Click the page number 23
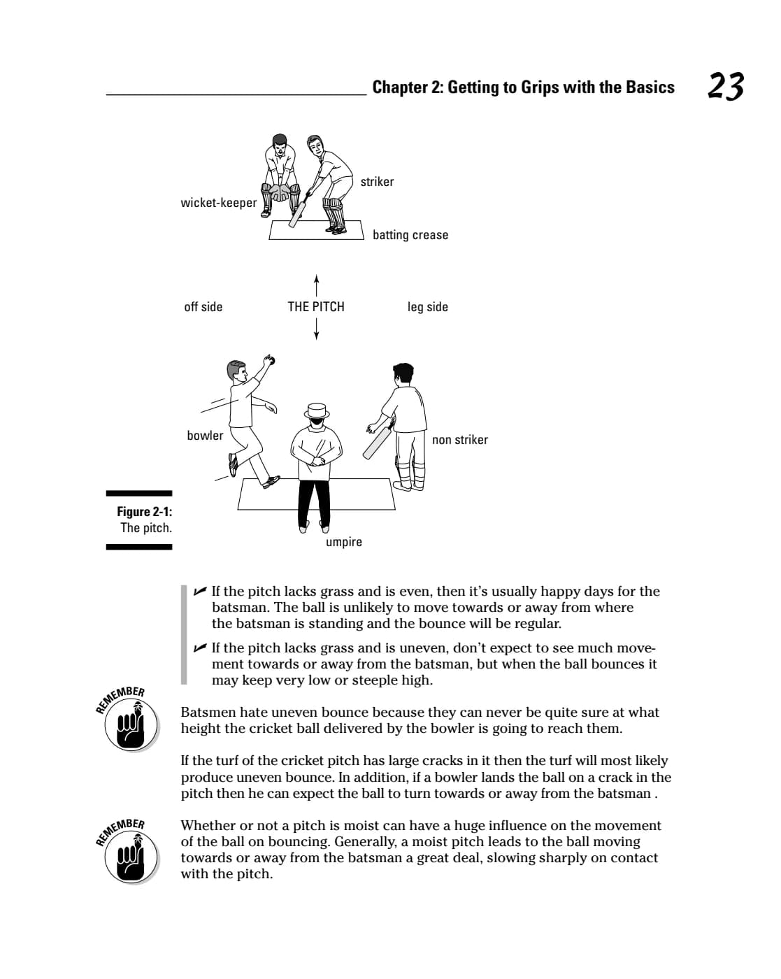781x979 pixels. tap(725, 86)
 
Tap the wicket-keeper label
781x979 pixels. tap(218, 202)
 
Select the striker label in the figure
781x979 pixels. tap(377, 182)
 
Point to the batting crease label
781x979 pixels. tap(410, 235)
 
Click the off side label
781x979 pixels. tap(203, 306)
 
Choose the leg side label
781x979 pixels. tap(428, 306)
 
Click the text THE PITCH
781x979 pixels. tap(315, 306)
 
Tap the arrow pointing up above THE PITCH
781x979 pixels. tap(316, 285)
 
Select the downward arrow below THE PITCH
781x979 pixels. tap(316, 329)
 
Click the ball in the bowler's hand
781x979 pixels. tap(271, 360)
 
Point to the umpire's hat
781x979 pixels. tap(317, 410)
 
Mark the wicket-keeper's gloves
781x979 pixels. tap(278, 192)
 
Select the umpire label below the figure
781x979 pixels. tap(344, 542)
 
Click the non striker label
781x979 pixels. tap(460, 439)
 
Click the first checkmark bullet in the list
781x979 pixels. tap(200, 591)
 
